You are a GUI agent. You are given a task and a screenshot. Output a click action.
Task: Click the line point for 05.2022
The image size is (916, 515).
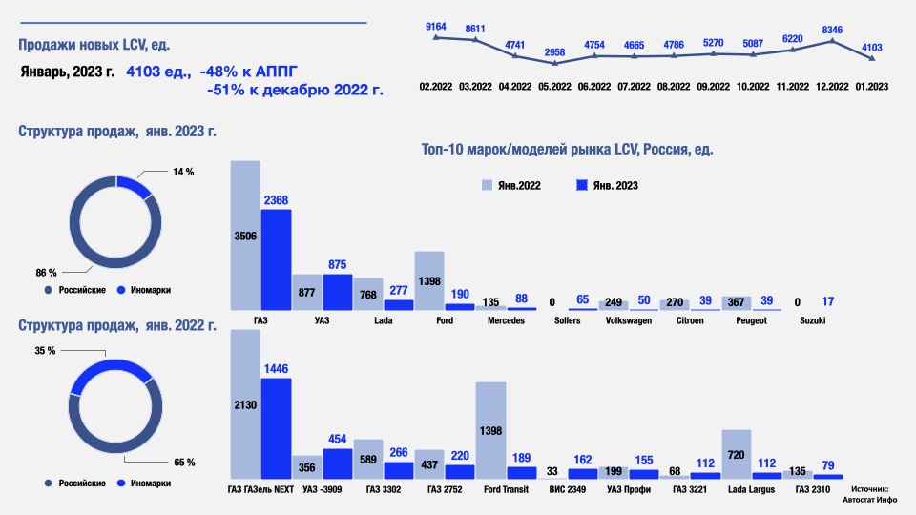pyautogui.click(x=554, y=63)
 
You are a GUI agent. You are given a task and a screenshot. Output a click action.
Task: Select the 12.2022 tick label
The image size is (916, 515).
pyautogui.click(x=832, y=87)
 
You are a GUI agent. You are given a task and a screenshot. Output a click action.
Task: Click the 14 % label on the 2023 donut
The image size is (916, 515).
pyautogui.click(x=183, y=172)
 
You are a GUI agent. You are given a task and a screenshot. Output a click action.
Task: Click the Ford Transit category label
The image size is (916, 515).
pyautogui.click(x=508, y=490)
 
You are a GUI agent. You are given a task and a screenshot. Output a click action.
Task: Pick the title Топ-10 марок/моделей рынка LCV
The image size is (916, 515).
pyautogui.click(x=567, y=150)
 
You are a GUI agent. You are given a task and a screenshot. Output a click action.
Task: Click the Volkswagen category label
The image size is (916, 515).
pyautogui.click(x=630, y=321)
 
